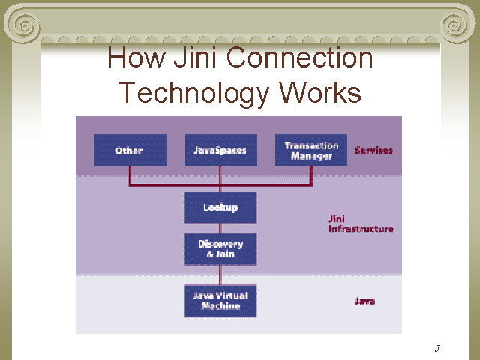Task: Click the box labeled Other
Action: pyautogui.click(x=129, y=150)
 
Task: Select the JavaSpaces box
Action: pyautogui.click(x=220, y=150)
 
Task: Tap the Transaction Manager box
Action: pyautogui.click(x=311, y=150)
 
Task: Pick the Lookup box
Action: pyautogui.click(x=220, y=208)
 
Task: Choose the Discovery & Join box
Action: pyautogui.click(x=220, y=249)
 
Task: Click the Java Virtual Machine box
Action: pyautogui.click(x=220, y=301)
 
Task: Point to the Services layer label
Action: pyautogui.click(x=373, y=150)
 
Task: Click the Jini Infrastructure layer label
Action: pyautogui.click(x=360, y=223)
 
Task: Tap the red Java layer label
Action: pyautogui.click(x=364, y=301)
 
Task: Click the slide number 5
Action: pyautogui.click(x=436, y=348)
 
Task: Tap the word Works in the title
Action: pyautogui.click(x=320, y=92)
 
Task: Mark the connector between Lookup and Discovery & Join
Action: pyautogui.click(x=220, y=228)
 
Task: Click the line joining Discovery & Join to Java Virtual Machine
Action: pyautogui.click(x=220, y=274)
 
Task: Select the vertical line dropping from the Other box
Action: pyautogui.click(x=130, y=175)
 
